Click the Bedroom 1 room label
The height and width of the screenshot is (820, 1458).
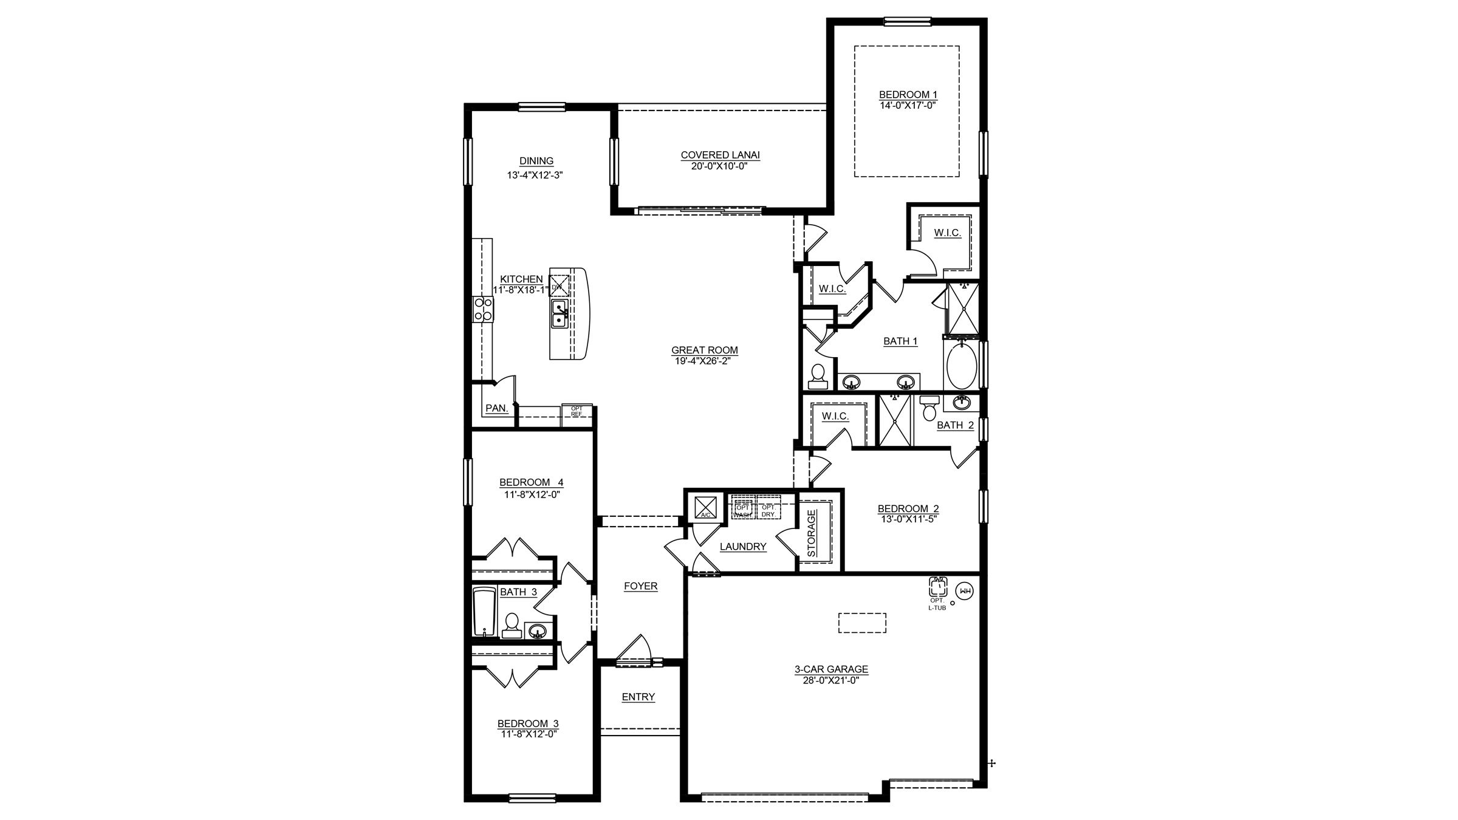point(908,95)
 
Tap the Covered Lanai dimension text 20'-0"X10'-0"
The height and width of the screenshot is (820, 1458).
point(720,165)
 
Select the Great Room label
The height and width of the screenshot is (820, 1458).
point(704,350)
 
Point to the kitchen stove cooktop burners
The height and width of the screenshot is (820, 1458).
point(484,309)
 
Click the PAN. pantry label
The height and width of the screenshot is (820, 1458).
point(496,409)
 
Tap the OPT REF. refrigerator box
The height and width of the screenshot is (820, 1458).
point(576,411)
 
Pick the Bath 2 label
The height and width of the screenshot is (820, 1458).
point(955,425)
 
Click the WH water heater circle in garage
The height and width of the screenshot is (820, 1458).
point(964,590)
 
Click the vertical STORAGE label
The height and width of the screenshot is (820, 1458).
point(812,533)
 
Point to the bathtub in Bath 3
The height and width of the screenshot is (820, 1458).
point(485,612)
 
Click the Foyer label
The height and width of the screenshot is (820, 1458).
point(640,586)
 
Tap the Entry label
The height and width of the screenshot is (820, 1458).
point(638,697)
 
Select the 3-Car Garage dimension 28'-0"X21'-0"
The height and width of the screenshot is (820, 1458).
point(831,680)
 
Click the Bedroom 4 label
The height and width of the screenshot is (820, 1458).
point(531,483)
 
